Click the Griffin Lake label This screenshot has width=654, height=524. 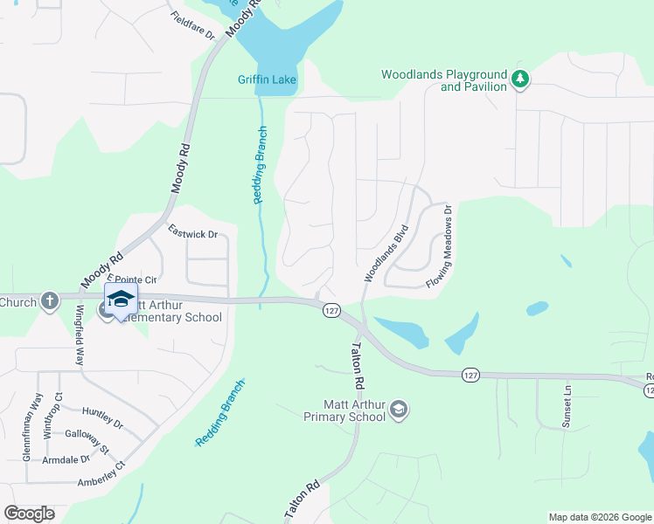268,80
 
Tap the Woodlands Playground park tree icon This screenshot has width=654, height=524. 520,79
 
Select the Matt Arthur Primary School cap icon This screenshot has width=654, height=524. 399,410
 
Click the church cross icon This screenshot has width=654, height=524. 49,301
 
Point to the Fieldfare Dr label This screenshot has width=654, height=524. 193,26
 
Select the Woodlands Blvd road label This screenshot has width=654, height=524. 386,253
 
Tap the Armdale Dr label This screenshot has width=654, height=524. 67,459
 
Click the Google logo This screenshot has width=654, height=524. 29,514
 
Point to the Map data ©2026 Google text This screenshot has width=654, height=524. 599,517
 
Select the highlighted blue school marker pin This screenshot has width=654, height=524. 121,300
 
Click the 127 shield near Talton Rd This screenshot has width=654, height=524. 330,311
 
